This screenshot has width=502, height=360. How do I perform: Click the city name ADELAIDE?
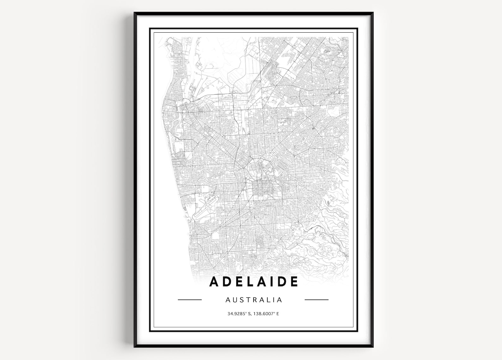coord(254,282)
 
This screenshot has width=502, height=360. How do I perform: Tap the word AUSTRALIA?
coord(254,299)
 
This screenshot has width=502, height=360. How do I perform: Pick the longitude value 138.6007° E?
coord(265,314)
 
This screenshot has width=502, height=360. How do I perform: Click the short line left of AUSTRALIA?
coord(190,299)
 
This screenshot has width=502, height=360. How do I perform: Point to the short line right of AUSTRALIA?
coord(316,299)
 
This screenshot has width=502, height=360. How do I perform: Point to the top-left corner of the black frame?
coord(135,13)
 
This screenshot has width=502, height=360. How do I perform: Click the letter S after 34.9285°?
coord(246,314)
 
